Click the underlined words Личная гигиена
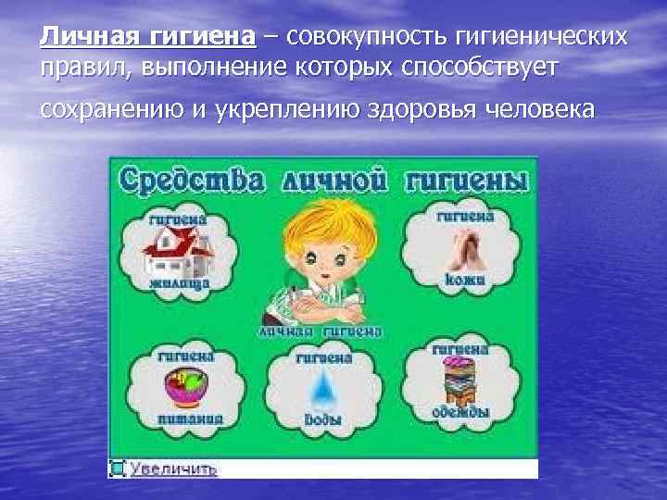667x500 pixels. coord(147,36)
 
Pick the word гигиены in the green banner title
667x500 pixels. coord(469,181)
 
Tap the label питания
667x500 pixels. coord(189,418)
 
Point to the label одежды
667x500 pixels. coord(459,412)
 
